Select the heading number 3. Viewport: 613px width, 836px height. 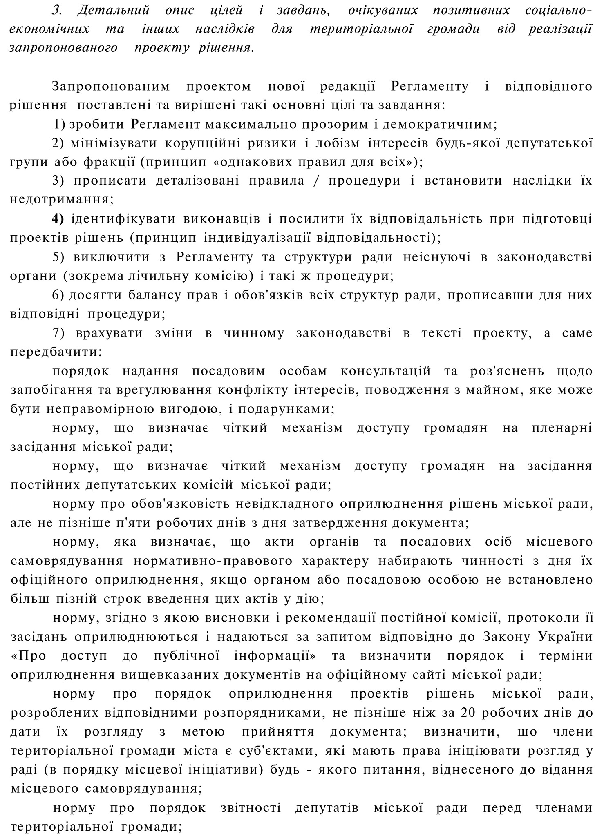click(x=56, y=11)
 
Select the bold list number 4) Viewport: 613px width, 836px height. click(x=58, y=219)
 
